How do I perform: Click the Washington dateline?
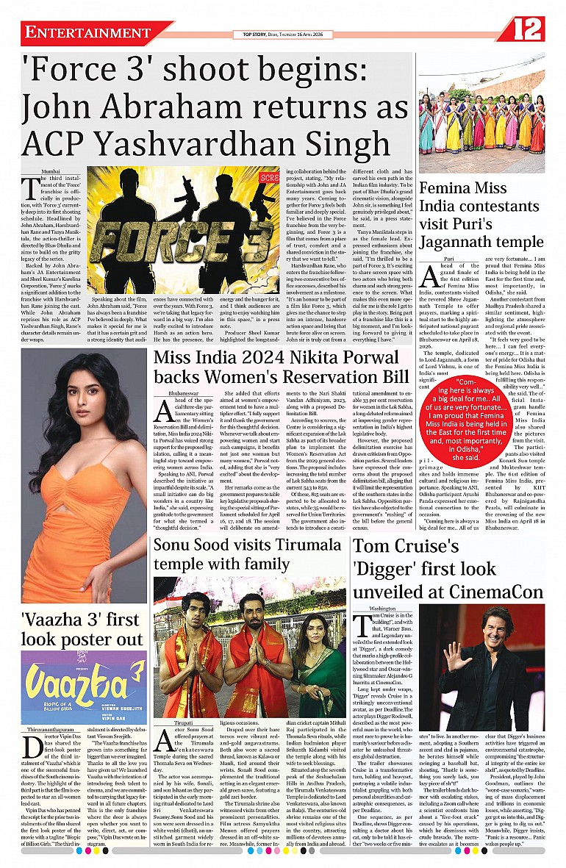382,609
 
